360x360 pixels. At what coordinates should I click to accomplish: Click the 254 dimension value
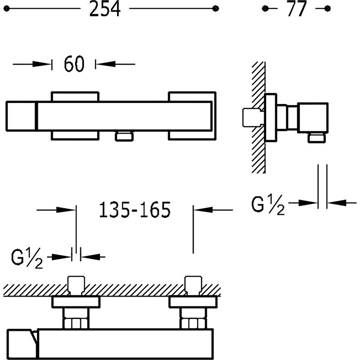click(105, 9)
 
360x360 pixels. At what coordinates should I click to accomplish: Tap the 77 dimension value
click(297, 9)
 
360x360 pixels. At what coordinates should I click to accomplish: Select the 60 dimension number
click(74, 64)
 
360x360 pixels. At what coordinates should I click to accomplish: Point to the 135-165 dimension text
click(135, 210)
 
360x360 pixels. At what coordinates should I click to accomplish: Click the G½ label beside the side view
click(267, 205)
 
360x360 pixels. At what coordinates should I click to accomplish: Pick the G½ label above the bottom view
click(27, 258)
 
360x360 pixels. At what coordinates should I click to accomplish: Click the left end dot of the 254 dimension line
click(6, 9)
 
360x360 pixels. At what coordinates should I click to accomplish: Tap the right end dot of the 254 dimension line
click(216, 9)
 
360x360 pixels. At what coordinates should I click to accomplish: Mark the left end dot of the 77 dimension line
click(265, 9)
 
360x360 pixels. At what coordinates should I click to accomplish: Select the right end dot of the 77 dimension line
click(328, 9)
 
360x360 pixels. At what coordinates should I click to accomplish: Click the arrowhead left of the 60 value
click(42, 64)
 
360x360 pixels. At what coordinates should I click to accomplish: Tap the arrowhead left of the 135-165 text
click(66, 210)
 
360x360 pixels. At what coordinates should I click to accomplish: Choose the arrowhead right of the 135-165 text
click(203, 210)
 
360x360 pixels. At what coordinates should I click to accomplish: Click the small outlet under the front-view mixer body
click(124, 136)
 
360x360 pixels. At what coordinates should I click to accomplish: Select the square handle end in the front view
click(21, 116)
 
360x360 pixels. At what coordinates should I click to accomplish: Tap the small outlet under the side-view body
click(317, 138)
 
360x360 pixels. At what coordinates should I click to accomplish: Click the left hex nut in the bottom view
click(76, 323)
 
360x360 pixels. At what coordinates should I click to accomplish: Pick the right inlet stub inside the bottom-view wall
click(193, 286)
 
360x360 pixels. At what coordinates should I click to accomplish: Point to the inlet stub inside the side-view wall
click(253, 117)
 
